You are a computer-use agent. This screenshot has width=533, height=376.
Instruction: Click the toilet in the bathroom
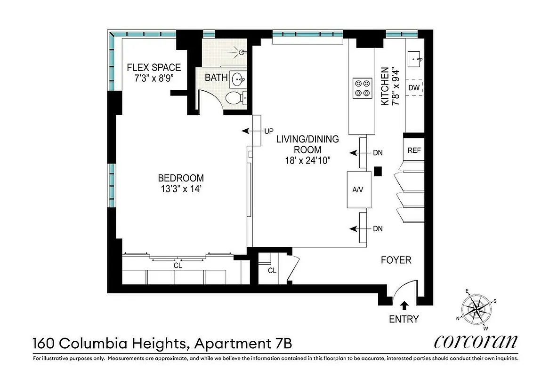234,99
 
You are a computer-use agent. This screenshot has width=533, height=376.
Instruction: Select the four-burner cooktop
361,87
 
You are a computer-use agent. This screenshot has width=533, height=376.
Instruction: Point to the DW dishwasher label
414,88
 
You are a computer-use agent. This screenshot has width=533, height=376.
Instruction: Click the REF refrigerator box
414,151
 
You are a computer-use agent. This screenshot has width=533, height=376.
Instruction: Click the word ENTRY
404,319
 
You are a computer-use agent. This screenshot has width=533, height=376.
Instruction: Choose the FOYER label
396,260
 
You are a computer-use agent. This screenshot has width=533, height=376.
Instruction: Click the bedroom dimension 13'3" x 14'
181,189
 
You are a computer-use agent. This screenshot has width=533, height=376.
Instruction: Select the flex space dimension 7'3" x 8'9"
154,78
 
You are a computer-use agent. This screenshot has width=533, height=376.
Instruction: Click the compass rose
477,309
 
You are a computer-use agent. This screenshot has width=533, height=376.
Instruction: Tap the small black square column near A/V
377,171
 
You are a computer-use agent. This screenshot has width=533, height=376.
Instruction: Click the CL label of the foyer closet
272,271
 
